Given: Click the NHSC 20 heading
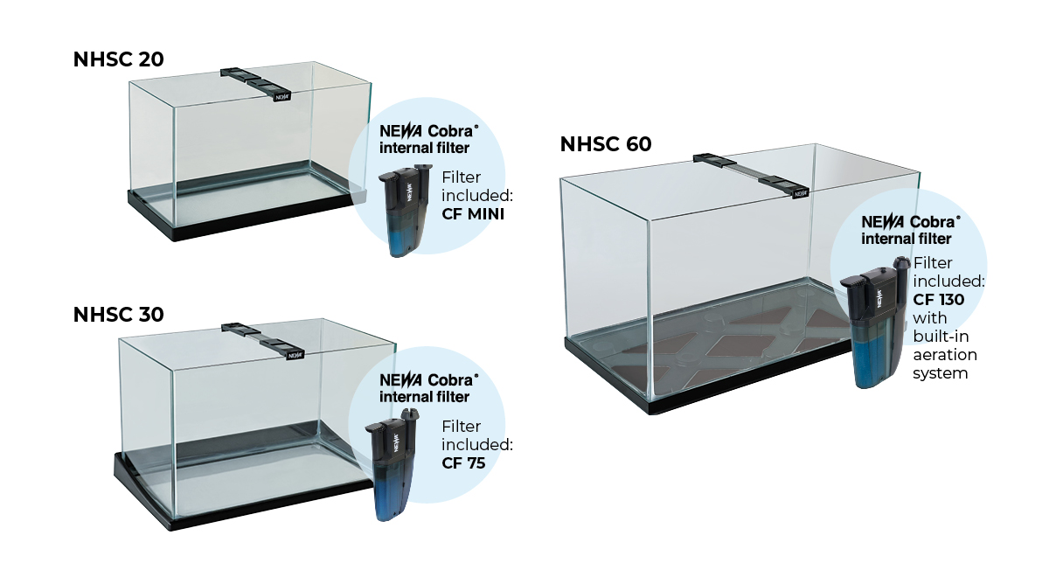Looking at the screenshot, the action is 119,59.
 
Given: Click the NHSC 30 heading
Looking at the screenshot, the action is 119,315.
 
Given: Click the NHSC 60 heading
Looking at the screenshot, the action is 606,144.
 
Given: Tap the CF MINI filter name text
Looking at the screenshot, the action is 473,214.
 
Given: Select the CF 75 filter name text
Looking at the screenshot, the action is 463,463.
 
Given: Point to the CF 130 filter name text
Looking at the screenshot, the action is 939,300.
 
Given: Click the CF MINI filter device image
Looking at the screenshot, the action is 406,211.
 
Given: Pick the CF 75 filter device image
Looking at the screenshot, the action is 393,464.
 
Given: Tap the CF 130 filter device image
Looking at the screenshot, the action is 875,323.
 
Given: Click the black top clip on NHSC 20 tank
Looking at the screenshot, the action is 255,84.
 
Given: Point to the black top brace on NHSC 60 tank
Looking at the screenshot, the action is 751,176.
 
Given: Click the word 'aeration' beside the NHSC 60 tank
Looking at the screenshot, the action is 945,355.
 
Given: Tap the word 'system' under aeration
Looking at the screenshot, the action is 941,374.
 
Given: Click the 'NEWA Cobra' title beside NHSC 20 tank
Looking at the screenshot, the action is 429,130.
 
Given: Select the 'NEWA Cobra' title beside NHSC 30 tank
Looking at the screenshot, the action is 429,380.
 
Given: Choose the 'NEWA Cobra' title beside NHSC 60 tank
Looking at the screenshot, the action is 911,221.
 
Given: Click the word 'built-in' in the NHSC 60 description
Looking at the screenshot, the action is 941,337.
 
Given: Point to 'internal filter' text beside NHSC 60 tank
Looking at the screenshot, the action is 907,239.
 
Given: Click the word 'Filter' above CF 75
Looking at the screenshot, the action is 462,427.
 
